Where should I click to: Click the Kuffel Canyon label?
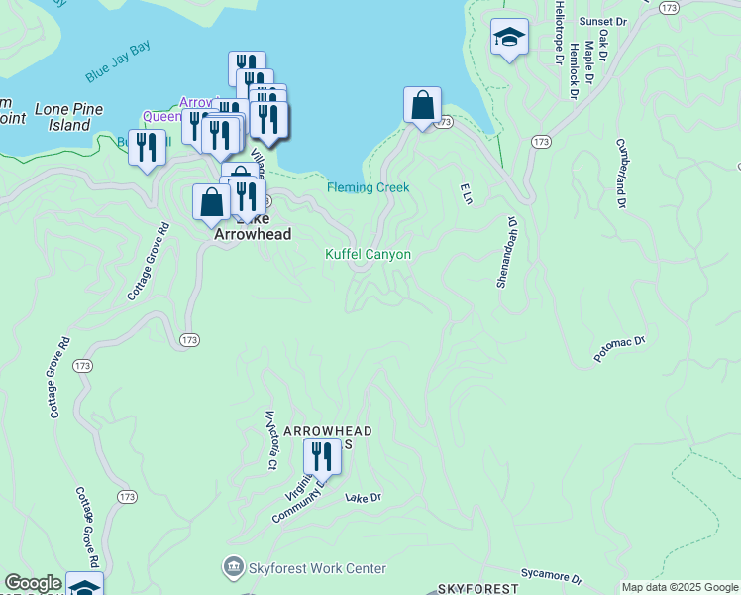[x=368, y=255]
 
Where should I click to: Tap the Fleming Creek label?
[x=368, y=187]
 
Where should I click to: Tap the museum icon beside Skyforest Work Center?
[x=233, y=568]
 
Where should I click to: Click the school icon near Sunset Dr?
[x=509, y=38]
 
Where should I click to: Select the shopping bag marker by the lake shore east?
[x=423, y=104]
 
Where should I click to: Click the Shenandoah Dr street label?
[x=506, y=253]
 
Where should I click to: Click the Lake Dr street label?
[x=363, y=498]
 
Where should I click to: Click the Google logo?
[x=33, y=583]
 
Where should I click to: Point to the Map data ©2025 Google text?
[x=680, y=587]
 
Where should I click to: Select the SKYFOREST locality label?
[x=477, y=588]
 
